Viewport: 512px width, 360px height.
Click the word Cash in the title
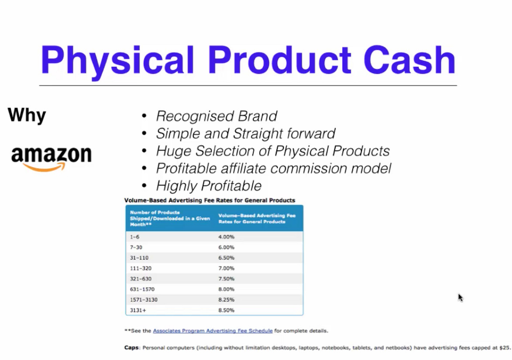tap(409, 60)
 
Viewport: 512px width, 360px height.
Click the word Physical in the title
tap(117, 62)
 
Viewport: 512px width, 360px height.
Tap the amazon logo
tap(52, 158)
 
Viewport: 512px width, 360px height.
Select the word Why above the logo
tap(27, 115)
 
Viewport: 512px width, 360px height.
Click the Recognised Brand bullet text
tap(216, 116)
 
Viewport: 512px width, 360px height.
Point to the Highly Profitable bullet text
tap(209, 186)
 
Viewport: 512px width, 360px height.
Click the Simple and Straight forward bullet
tap(246, 133)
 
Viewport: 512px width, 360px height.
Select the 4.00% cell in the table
tap(226, 237)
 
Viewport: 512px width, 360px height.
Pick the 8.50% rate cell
tap(226, 310)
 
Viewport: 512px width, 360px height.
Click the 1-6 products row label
tap(134, 237)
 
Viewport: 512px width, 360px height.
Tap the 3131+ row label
tap(138, 310)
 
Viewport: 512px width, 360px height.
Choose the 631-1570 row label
tap(142, 289)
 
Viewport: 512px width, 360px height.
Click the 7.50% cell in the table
tap(226, 279)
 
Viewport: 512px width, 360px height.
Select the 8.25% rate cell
tap(226, 300)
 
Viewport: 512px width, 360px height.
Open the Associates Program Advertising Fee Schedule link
tap(213, 331)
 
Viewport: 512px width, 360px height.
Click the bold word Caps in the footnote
tap(131, 348)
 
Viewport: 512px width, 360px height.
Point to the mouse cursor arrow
tap(460, 298)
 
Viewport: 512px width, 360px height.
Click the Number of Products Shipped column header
tap(170, 218)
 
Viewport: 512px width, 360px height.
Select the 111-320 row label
tap(141, 268)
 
